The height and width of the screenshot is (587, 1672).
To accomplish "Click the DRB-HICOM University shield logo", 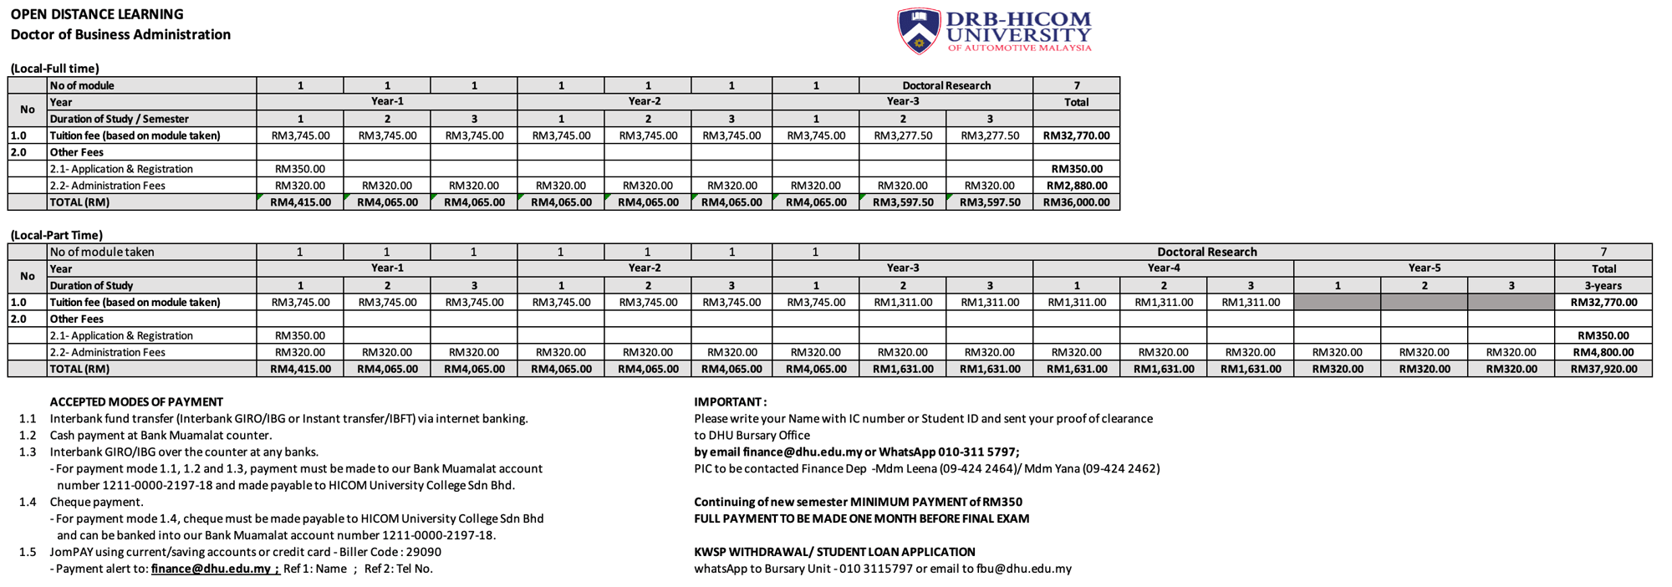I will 918,31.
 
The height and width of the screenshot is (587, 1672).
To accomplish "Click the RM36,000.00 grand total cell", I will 1076,202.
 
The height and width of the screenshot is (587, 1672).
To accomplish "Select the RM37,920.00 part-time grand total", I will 1603,369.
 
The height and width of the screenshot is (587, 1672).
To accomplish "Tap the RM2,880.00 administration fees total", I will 1076,186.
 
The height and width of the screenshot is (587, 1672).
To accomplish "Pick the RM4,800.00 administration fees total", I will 1603,352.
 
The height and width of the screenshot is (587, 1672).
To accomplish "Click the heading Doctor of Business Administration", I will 120,34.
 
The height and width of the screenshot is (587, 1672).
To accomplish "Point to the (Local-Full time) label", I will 55,69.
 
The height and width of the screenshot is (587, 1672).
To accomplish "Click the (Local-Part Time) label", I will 57,235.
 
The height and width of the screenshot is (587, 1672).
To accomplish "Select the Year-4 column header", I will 1163,268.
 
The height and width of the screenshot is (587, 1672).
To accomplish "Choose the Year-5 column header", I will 1424,268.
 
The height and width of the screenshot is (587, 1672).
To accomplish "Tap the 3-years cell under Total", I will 1603,285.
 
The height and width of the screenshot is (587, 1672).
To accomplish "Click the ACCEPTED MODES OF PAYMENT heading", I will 136,402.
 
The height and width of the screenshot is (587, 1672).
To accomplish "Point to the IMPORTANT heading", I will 730,402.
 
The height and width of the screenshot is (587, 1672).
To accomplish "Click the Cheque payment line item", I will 96,502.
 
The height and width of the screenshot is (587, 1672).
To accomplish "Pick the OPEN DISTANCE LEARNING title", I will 97,14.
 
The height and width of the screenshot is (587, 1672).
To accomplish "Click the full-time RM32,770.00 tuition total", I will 1076,135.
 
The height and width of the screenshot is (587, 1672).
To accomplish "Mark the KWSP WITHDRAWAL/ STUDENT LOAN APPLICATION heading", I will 834,552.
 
